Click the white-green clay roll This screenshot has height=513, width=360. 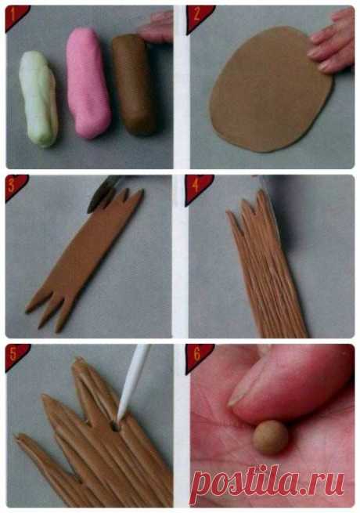click(38, 98)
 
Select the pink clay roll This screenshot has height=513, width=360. click(88, 84)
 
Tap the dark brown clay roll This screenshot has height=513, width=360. click(135, 85)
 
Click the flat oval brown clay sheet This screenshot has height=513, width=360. click(270, 89)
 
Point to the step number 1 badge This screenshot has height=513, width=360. click(15, 16)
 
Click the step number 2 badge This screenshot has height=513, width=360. click(197, 17)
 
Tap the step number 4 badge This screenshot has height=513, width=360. click(196, 187)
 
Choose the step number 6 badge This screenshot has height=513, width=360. click(197, 356)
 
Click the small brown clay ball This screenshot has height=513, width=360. click(271, 438)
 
